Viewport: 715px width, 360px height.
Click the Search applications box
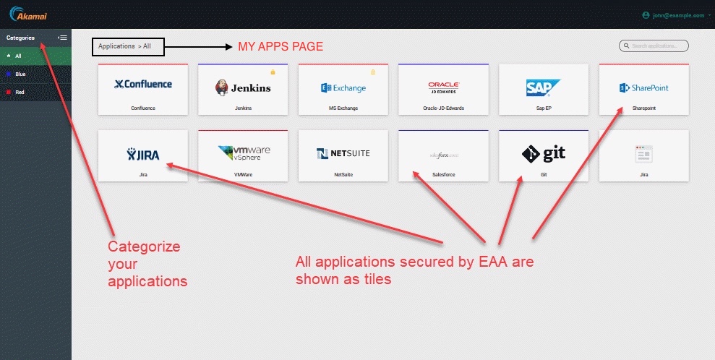654,46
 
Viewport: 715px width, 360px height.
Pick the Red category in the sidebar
20,92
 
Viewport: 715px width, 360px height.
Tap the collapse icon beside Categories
63,38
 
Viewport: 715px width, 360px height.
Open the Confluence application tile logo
143,85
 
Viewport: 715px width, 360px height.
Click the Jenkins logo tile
243,87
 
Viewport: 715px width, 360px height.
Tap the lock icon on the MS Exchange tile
373,72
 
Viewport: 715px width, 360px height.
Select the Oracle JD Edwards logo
443,87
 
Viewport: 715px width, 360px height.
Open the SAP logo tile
543,87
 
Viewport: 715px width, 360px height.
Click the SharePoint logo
643,88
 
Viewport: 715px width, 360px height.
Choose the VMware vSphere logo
243,153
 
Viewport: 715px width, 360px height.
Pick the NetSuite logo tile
343,153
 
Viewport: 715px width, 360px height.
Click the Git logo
543,153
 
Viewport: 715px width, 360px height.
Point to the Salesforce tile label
443,174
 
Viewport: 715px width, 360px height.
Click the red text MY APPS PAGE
281,47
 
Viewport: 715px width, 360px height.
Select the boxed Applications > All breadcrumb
128,46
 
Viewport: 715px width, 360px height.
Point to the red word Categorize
144,247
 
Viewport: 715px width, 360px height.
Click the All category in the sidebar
19,56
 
